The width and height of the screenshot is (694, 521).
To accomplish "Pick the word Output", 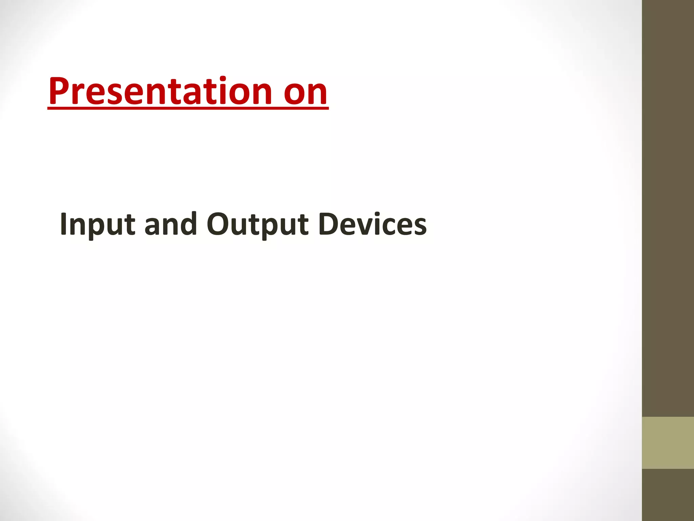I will pyautogui.click(x=258, y=225).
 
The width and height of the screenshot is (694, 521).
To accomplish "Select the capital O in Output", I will pyautogui.click(x=219, y=224).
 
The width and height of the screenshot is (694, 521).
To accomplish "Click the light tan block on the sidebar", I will pyautogui.click(x=668, y=443).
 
